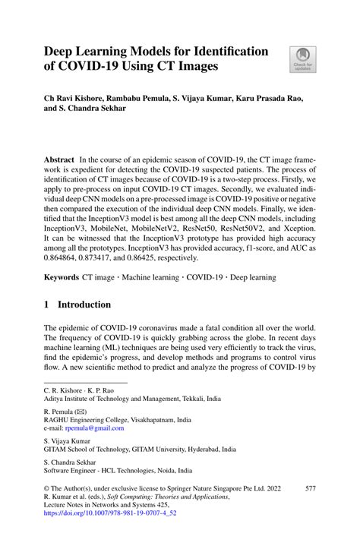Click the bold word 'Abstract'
click(60, 161)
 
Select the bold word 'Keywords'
click(62, 278)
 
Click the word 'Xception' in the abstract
click(296, 226)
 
